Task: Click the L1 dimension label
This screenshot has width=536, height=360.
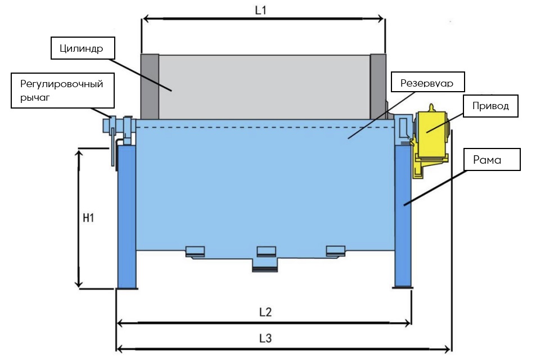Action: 260,11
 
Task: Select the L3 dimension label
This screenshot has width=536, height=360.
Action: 265,339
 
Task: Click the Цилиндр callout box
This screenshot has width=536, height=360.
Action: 83,48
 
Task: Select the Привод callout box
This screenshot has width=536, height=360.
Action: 489,106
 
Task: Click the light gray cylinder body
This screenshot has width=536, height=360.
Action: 264,87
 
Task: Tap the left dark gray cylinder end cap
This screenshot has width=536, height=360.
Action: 150,87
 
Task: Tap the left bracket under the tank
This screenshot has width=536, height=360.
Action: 196,251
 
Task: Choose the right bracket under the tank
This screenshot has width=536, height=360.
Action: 336,250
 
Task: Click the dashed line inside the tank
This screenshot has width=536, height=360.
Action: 264,128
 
